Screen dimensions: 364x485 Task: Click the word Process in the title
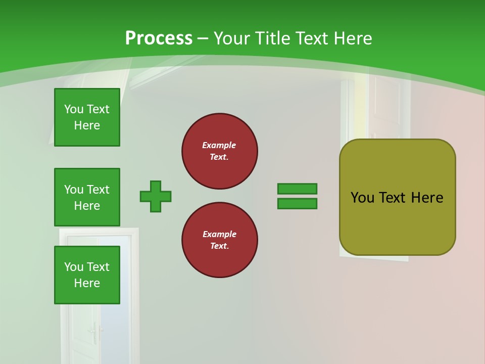(159, 38)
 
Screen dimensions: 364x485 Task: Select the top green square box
(87, 117)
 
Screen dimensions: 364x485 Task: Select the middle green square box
(87, 197)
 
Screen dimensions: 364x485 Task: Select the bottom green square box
(87, 275)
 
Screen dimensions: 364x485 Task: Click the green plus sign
(156, 196)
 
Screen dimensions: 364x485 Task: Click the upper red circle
(220, 151)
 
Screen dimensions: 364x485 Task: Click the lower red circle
(220, 240)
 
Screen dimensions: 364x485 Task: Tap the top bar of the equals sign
(297, 189)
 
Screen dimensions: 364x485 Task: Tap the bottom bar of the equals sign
(297, 204)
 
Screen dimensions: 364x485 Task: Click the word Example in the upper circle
(219, 145)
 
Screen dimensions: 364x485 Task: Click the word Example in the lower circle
(219, 234)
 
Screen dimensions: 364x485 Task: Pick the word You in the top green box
(74, 109)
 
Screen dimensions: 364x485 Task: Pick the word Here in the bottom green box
(87, 283)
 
